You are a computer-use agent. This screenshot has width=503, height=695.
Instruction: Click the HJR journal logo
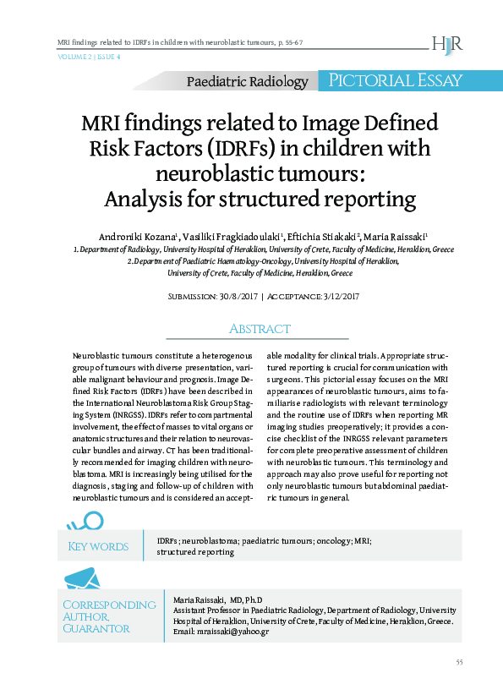[x=447, y=43]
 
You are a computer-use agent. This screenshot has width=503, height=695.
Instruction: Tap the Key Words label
[x=98, y=546]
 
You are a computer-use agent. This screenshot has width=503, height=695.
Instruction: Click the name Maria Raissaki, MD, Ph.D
[x=218, y=598]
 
